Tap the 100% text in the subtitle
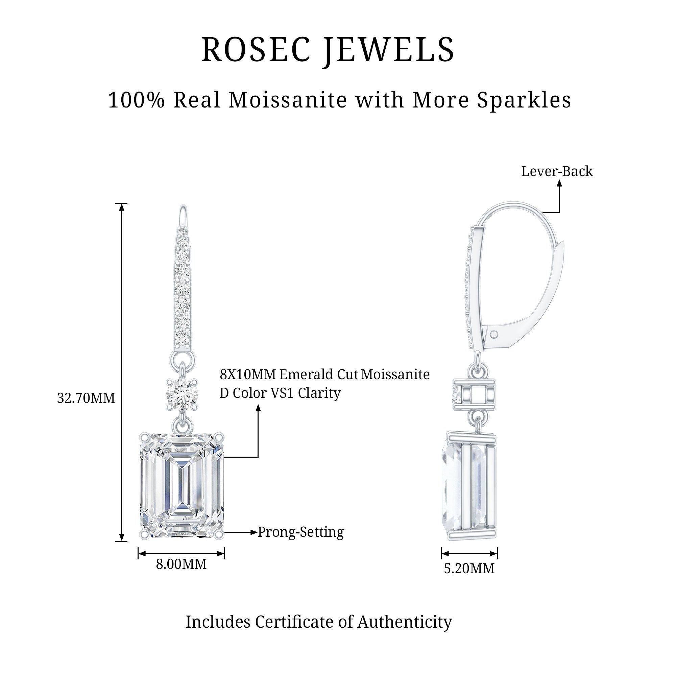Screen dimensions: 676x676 tap(136, 100)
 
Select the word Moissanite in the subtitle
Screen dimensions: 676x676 tap(288, 100)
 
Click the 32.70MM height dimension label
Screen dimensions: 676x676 tap(86, 398)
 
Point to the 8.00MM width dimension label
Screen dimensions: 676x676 tap(181, 564)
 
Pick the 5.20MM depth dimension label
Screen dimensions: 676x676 tap(469, 568)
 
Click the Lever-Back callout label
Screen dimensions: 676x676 tap(557, 171)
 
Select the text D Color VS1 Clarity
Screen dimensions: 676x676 tap(280, 393)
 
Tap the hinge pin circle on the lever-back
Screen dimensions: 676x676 tap(494, 335)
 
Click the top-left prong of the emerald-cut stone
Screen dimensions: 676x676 tap(144, 437)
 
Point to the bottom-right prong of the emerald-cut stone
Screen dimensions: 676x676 tap(219, 534)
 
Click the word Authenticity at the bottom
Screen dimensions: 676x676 tap(405, 622)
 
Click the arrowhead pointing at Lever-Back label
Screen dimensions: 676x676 tap(559, 183)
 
